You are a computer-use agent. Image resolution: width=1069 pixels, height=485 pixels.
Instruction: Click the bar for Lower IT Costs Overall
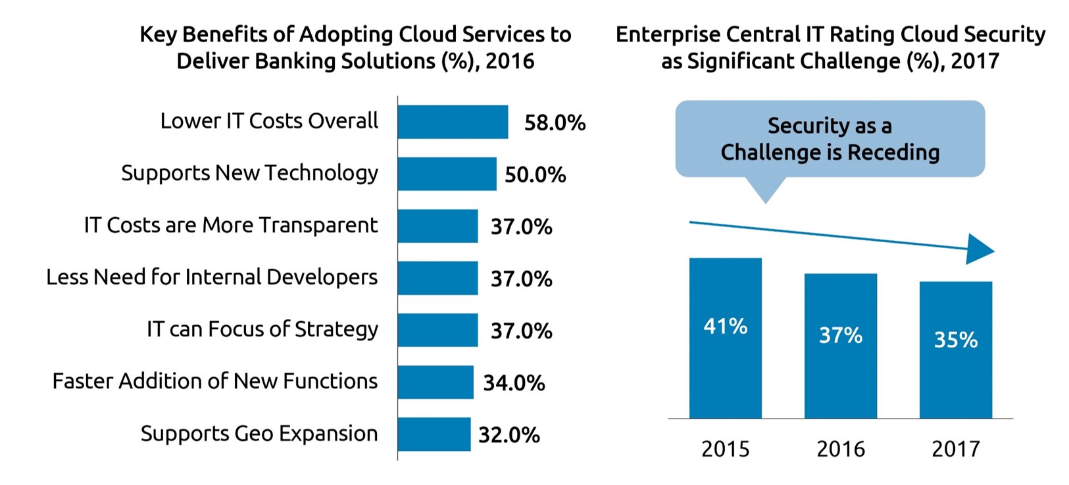tap(453, 122)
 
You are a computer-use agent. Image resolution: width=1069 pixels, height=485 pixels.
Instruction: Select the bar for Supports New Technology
tap(447, 174)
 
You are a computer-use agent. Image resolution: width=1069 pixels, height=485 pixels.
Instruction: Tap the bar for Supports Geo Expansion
tap(434, 434)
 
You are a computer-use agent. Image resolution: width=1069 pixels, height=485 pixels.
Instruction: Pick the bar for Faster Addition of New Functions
tap(435, 382)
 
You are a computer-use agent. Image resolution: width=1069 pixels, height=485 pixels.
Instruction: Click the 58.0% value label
tap(555, 123)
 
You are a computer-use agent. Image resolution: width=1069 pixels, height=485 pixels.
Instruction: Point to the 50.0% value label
tap(535, 175)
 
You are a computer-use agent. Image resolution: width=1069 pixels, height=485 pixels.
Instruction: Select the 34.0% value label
tap(514, 383)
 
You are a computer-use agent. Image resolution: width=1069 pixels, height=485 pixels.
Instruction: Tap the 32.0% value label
tap(509, 435)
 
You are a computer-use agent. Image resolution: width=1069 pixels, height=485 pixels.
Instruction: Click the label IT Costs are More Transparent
tap(231, 226)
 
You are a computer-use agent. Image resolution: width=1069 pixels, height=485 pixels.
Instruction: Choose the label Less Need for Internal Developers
tap(212, 278)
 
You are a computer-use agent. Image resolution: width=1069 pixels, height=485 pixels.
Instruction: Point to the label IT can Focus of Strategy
tap(262, 330)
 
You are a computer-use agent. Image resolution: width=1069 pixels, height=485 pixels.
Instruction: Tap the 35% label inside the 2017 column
tap(955, 340)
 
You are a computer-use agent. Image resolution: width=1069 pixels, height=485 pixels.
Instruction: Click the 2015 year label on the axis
tap(725, 449)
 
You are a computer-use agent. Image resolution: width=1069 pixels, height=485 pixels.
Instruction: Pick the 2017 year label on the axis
tap(955, 449)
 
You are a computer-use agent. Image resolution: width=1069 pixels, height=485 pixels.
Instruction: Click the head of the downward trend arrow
tap(980, 249)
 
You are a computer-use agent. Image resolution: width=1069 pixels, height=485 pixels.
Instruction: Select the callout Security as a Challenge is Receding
tap(830, 139)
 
